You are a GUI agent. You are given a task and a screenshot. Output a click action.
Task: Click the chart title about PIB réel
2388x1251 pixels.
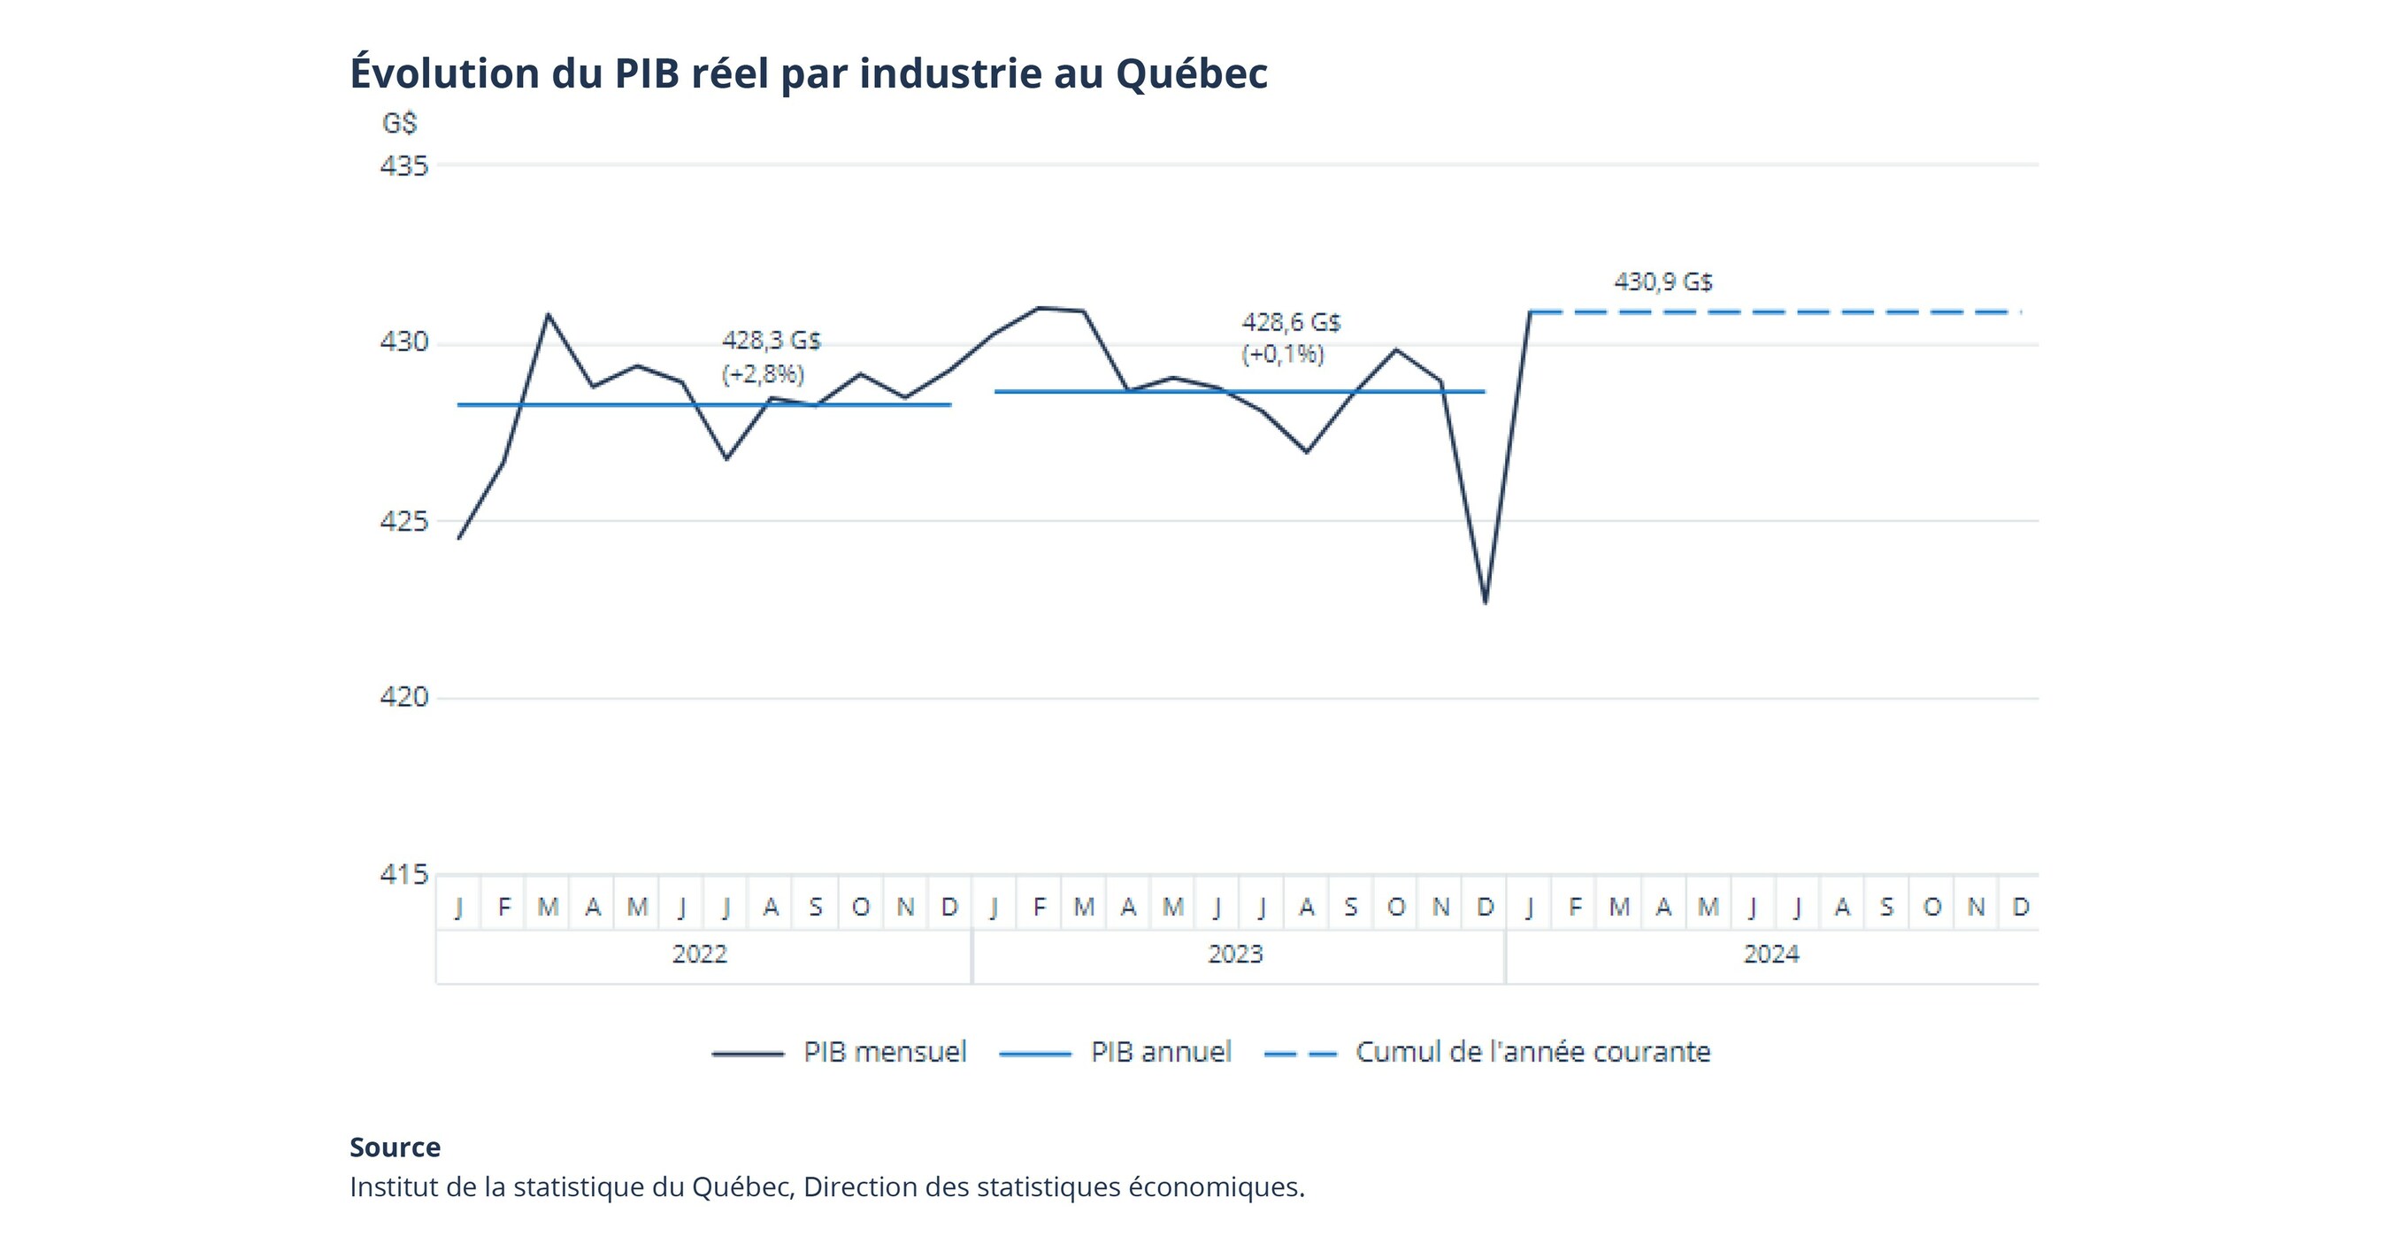click(x=808, y=74)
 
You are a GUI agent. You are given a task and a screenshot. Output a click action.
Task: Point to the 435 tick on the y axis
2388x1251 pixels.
click(x=404, y=165)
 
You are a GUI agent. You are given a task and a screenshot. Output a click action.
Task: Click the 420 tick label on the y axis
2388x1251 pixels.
click(x=404, y=697)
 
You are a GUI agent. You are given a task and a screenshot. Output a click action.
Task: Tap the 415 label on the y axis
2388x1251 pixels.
click(x=404, y=874)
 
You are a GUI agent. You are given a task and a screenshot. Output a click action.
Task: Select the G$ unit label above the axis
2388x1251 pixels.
click(x=400, y=123)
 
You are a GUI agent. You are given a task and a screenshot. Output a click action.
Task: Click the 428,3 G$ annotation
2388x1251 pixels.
click(x=772, y=341)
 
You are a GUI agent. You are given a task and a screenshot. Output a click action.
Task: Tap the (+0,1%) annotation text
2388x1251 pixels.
click(x=1283, y=354)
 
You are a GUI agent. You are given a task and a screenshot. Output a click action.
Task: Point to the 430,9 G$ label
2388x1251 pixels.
click(x=1663, y=281)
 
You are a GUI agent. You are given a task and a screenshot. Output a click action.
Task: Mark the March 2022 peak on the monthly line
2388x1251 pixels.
click(x=548, y=315)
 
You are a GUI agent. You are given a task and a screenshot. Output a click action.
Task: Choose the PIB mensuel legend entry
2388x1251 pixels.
click(x=840, y=1053)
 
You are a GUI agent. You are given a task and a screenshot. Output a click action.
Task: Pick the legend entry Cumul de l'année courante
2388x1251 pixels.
click(x=1488, y=1053)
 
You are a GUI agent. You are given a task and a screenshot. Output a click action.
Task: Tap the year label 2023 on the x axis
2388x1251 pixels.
click(x=1236, y=955)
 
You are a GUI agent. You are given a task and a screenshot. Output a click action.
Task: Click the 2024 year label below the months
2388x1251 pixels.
click(x=1771, y=955)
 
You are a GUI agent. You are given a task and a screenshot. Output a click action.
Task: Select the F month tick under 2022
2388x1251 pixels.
click(x=503, y=906)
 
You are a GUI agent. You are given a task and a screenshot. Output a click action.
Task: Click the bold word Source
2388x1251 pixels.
click(x=395, y=1147)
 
